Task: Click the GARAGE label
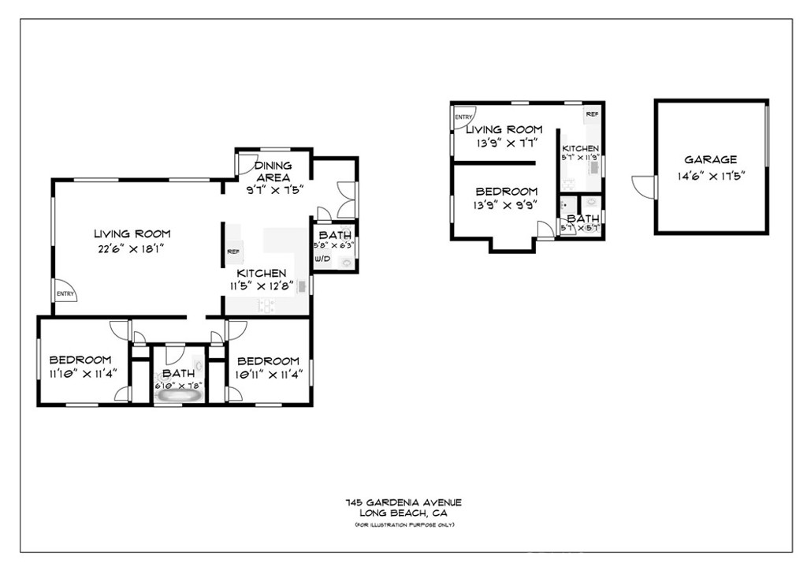coord(710,159)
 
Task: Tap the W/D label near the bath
coord(322,258)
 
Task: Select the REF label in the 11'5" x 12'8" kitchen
coord(233,252)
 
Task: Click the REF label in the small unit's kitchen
coord(591,114)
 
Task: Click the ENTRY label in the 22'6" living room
coord(65,294)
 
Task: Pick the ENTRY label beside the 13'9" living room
coord(461,119)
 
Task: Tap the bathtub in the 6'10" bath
coord(178,396)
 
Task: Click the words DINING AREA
coord(273,171)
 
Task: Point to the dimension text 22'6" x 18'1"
coord(132,248)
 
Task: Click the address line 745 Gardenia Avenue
coord(403,502)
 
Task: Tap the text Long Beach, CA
coord(403,513)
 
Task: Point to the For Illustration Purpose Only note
coord(403,524)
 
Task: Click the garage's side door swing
coord(645,187)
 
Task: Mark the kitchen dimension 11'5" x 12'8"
coord(262,286)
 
